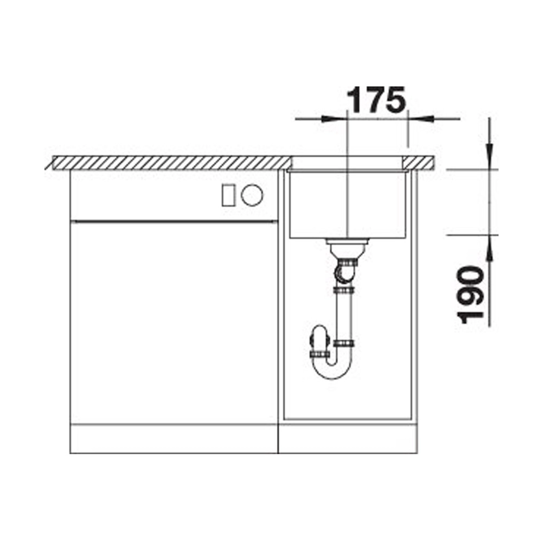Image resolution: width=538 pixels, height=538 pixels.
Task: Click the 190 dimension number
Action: (x=470, y=294)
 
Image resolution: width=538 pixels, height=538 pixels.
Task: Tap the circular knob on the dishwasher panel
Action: (x=252, y=195)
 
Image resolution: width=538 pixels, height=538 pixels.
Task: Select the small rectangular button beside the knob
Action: (x=228, y=195)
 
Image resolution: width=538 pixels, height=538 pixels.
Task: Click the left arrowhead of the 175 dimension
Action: (x=329, y=119)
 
